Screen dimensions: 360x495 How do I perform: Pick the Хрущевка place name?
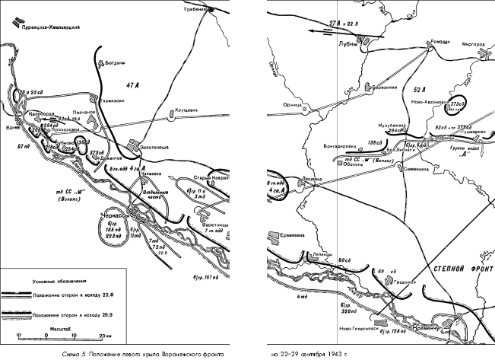tap(187, 110)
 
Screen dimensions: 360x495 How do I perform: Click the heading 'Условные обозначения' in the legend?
tap(55, 281)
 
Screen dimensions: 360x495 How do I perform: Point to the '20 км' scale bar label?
tap(104, 335)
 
